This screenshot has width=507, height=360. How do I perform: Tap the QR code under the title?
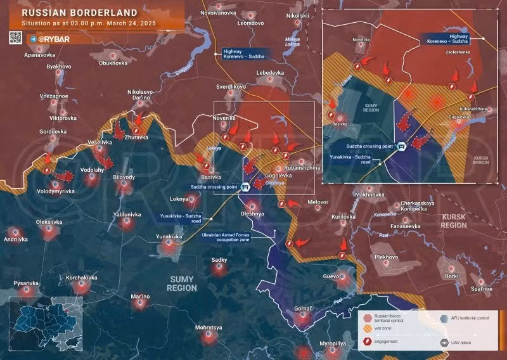[x=15, y=38]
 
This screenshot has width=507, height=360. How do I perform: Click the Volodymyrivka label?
[x=55, y=191]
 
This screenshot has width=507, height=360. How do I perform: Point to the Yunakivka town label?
[x=169, y=236]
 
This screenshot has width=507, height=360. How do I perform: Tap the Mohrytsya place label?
[x=209, y=328]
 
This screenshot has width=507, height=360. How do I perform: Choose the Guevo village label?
[x=331, y=277]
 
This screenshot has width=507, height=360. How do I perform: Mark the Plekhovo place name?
[x=386, y=257]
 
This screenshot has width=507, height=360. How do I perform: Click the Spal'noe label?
[x=481, y=289]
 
